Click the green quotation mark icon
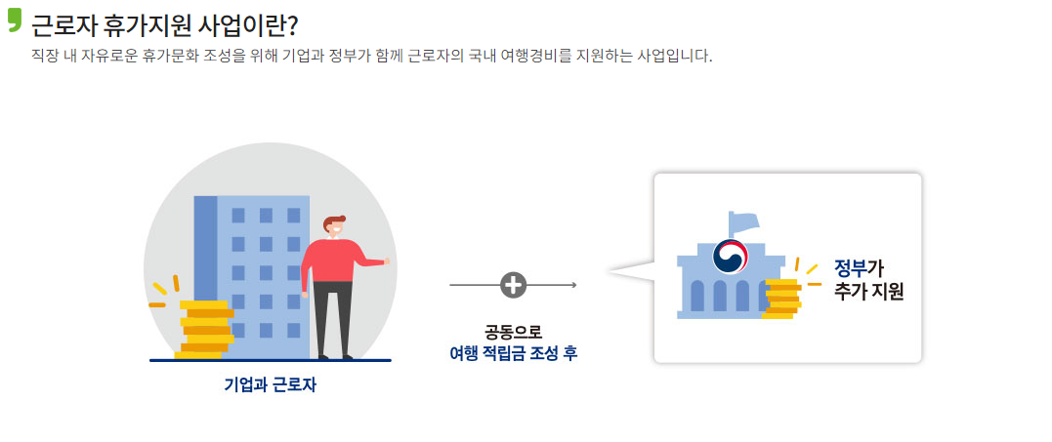[14, 21]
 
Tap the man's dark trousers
[332, 317]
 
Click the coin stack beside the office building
[204, 330]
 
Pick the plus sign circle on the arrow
[513, 285]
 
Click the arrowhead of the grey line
[573, 285]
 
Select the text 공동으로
[513, 331]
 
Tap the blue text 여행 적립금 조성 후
[513, 353]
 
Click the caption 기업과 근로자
[271, 384]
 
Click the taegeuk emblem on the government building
[730, 257]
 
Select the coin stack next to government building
[780, 299]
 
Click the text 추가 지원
[868, 291]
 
